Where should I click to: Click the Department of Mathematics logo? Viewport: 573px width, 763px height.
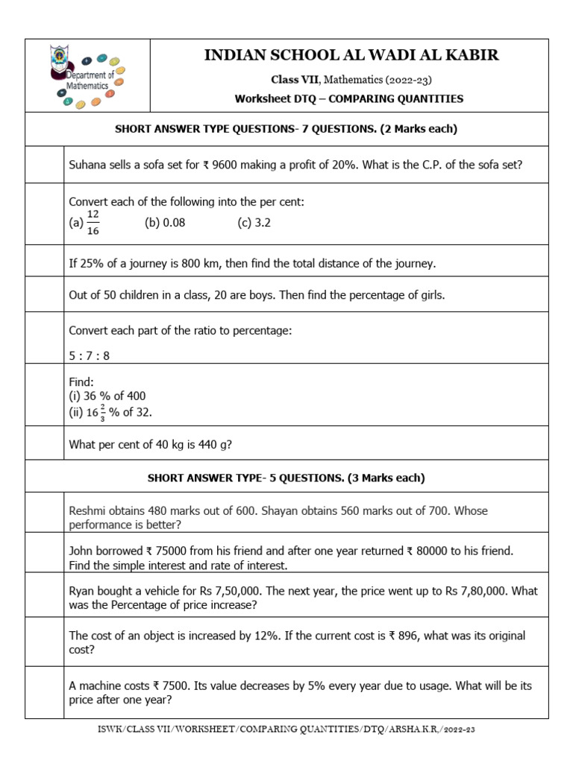[x=87, y=75]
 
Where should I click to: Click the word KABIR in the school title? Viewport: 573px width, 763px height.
[x=474, y=55]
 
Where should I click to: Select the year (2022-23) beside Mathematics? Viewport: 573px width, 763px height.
[x=410, y=80]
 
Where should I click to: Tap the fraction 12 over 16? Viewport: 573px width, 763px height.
[x=93, y=222]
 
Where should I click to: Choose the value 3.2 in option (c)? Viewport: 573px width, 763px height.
[x=262, y=222]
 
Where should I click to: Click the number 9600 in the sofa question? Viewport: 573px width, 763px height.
[x=228, y=165]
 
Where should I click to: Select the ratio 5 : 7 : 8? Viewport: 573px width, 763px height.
[x=89, y=355]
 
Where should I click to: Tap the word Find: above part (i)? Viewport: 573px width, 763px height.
[x=81, y=381]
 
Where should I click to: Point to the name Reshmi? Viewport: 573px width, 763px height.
[x=89, y=511]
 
